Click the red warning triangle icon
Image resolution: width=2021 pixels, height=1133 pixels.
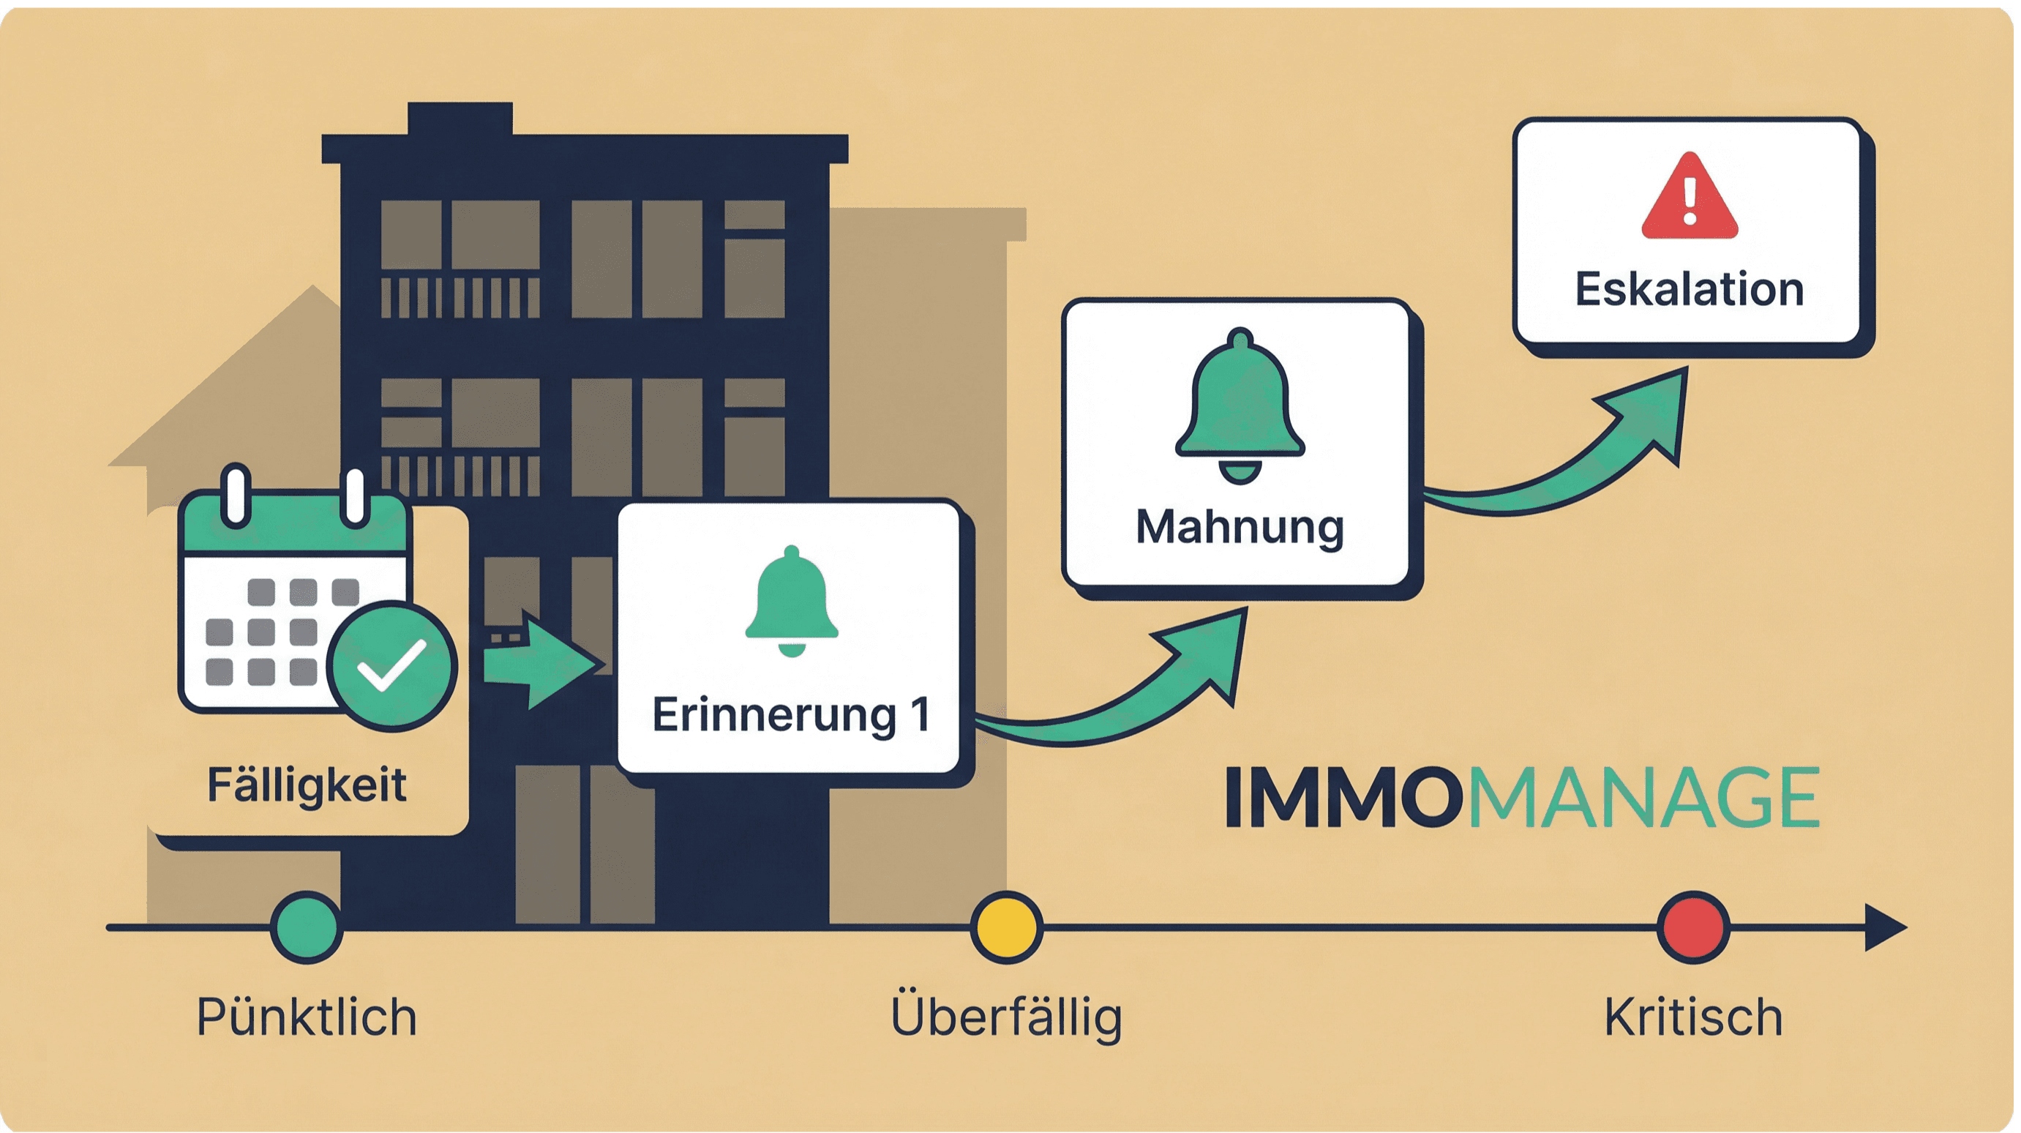pyautogui.click(x=1689, y=198)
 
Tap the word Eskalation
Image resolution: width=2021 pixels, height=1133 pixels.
pyautogui.click(x=1689, y=289)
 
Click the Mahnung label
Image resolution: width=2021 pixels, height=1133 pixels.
pyautogui.click(x=1240, y=527)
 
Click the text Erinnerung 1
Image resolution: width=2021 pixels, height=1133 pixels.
pyautogui.click(x=791, y=715)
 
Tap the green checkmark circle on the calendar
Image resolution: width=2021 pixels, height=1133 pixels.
pyautogui.click(x=391, y=666)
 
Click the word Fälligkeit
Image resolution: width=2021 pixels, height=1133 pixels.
pyautogui.click(x=307, y=785)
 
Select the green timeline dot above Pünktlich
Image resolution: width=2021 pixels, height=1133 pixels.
pyautogui.click(x=307, y=927)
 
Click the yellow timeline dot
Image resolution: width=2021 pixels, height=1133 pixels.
pyautogui.click(x=1007, y=927)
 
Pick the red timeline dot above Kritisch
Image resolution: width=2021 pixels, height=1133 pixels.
pyautogui.click(x=1693, y=927)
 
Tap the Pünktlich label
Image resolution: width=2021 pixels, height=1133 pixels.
pyautogui.click(x=307, y=1017)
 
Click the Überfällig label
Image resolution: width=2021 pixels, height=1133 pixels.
pyautogui.click(x=1007, y=1017)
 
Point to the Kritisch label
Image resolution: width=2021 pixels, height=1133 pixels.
pyautogui.click(x=1693, y=1017)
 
